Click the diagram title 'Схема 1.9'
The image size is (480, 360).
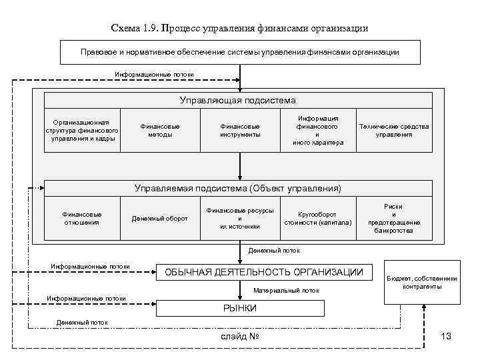click(x=239, y=29)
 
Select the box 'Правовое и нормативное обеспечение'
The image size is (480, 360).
click(x=240, y=51)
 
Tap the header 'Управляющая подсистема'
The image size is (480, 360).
click(x=238, y=101)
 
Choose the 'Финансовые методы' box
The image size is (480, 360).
click(x=160, y=130)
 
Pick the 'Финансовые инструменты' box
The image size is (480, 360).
click(x=240, y=130)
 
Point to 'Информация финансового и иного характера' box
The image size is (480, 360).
click(x=317, y=130)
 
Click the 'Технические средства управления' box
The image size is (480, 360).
click(x=394, y=130)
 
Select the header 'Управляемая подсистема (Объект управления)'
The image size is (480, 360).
click(x=238, y=189)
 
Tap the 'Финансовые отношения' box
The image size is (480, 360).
click(x=82, y=218)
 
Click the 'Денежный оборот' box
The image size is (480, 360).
click(x=160, y=218)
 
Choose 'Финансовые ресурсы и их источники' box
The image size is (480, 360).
click(x=239, y=218)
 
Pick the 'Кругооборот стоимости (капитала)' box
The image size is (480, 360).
click(x=317, y=218)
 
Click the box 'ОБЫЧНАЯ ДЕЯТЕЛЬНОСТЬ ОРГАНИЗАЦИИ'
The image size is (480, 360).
click(x=264, y=272)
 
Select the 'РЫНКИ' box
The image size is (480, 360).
click(x=240, y=308)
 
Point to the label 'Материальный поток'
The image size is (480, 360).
click(x=287, y=291)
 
